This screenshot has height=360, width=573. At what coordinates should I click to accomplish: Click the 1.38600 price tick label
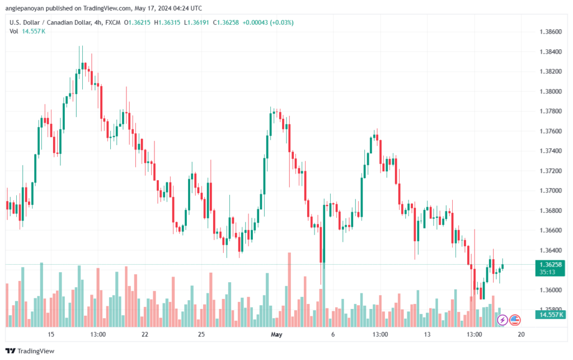pos(551,32)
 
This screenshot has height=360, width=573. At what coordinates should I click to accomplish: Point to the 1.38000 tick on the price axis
pos(551,91)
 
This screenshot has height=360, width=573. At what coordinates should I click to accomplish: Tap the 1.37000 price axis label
pos(551,190)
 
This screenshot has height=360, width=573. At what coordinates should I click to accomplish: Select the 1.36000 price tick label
pos(551,290)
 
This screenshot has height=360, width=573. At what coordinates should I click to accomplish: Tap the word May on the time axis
pos(277,334)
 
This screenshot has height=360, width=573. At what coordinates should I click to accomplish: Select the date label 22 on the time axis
pos(145,334)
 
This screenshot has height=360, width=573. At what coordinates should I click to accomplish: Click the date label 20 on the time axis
pos(522,334)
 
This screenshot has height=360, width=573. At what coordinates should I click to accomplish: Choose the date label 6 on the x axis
pos(333,334)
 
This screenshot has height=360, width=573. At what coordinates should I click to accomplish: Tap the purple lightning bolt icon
pos(502,320)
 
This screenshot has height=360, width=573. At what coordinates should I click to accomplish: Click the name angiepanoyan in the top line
pos(27,8)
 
